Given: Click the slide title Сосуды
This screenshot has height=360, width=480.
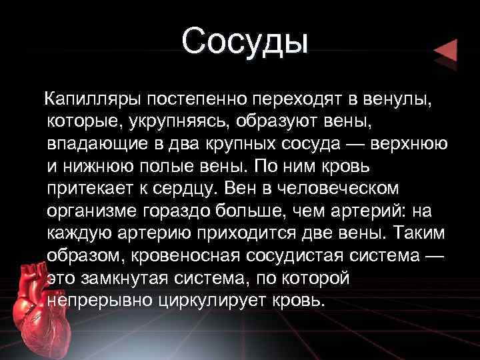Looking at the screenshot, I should coord(245,41).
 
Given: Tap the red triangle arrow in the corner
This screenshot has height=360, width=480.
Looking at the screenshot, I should coord(445,51).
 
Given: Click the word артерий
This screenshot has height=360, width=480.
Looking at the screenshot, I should coord(367,211).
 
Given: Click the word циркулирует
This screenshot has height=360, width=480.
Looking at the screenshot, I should coord(217,299).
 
